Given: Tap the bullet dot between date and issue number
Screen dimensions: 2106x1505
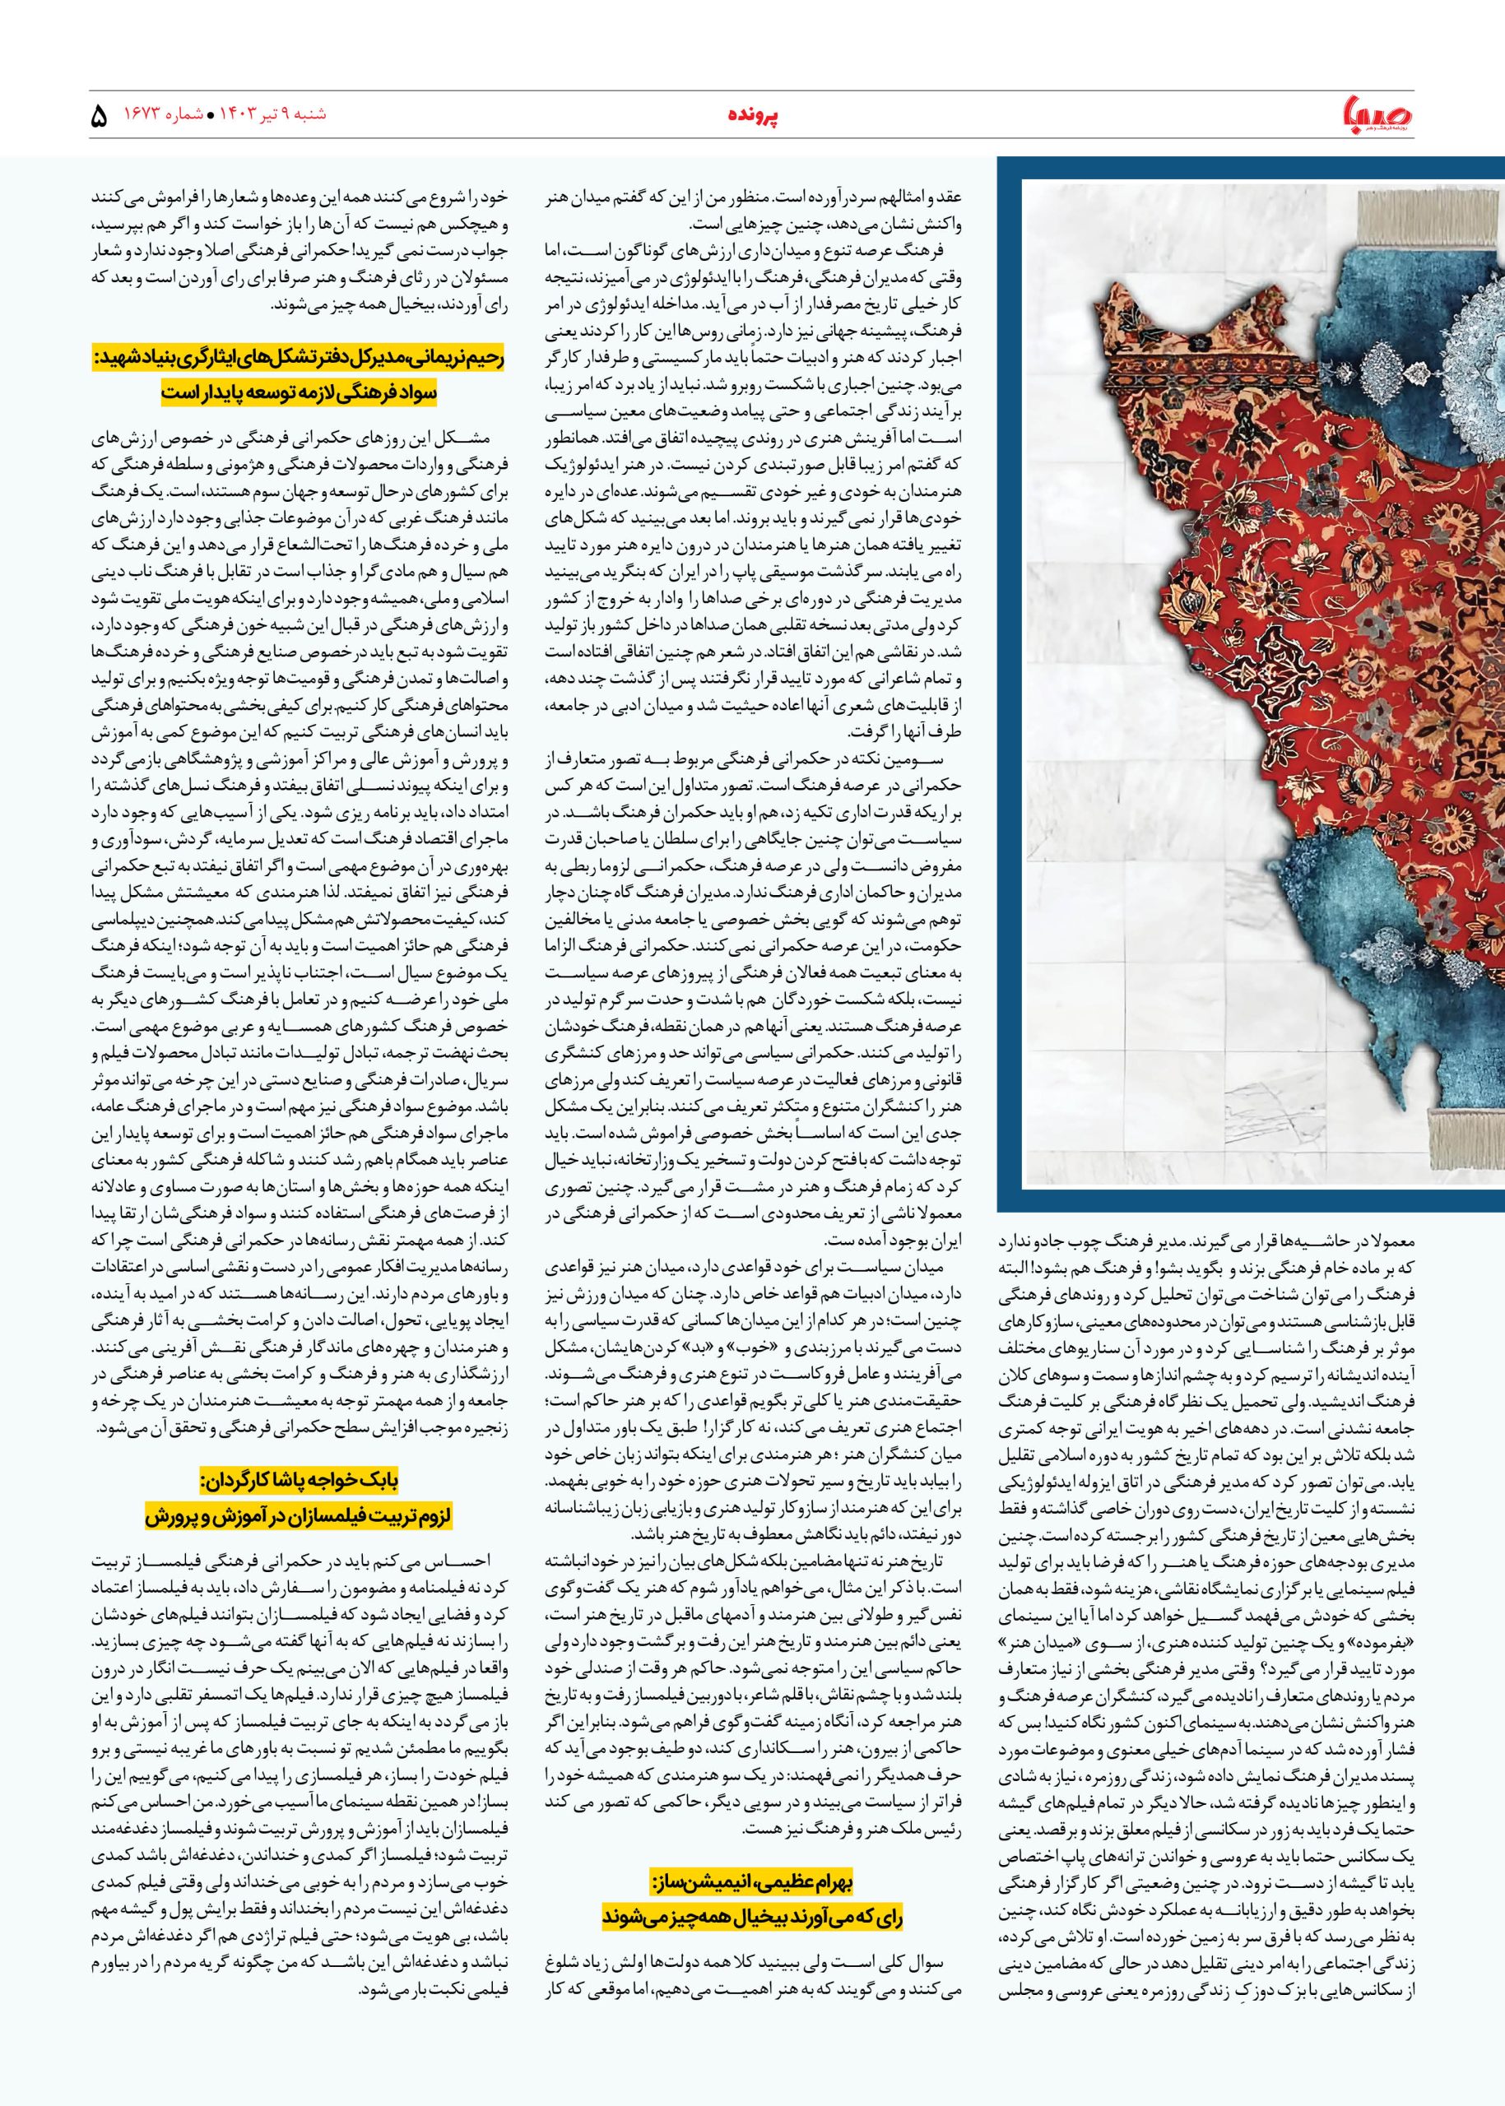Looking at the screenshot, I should click(x=211, y=118).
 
